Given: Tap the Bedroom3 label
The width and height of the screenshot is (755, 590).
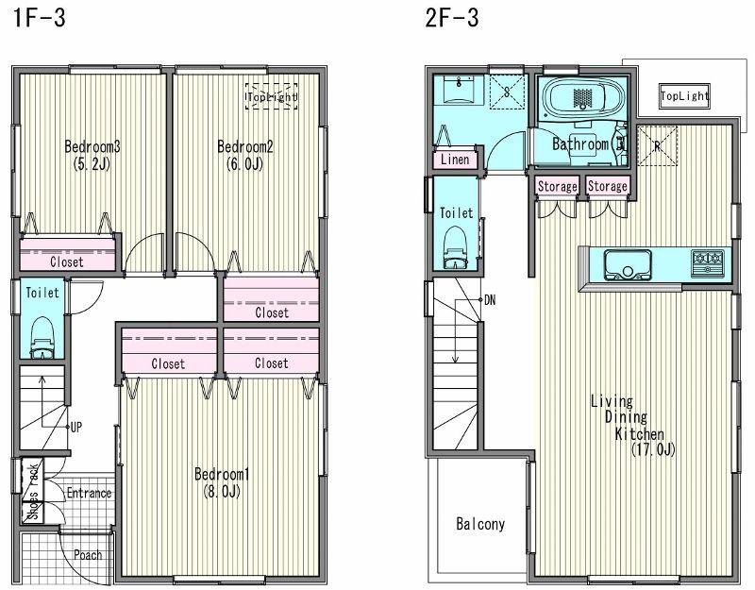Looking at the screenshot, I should coord(91,154).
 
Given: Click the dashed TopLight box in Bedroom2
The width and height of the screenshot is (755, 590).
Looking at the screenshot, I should coord(272,96).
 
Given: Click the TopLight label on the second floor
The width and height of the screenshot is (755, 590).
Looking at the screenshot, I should coord(684,96).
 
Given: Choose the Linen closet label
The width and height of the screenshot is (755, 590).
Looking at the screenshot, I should coord(455,160).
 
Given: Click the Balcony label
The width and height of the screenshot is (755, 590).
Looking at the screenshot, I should coord(480,524).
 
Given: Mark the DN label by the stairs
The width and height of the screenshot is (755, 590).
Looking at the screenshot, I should coord(489,299).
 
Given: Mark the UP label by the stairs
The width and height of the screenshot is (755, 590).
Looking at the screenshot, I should coord(76,427).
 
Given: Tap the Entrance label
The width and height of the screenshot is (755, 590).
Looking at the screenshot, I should coord(89,493).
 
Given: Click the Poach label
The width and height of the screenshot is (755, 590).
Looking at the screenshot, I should coord(88,555).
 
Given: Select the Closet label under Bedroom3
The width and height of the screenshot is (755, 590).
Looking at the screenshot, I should coord(66,261).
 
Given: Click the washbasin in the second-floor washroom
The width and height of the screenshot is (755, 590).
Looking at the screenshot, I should coord(457,92).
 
